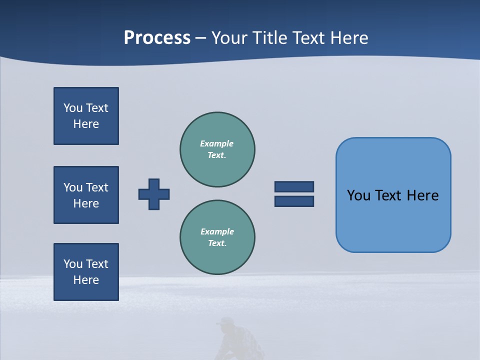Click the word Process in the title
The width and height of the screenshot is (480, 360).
(x=157, y=37)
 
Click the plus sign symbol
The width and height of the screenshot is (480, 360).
(x=154, y=194)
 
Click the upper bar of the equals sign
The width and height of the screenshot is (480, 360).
(x=294, y=186)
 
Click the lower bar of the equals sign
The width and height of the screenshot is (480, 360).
(x=294, y=201)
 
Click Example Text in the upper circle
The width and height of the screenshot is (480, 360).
(x=217, y=149)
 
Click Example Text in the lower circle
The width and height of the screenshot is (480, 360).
(x=217, y=237)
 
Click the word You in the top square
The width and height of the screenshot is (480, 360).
(x=73, y=108)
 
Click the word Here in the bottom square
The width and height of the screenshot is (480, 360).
(x=86, y=280)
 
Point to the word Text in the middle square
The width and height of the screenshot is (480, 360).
(x=97, y=187)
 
